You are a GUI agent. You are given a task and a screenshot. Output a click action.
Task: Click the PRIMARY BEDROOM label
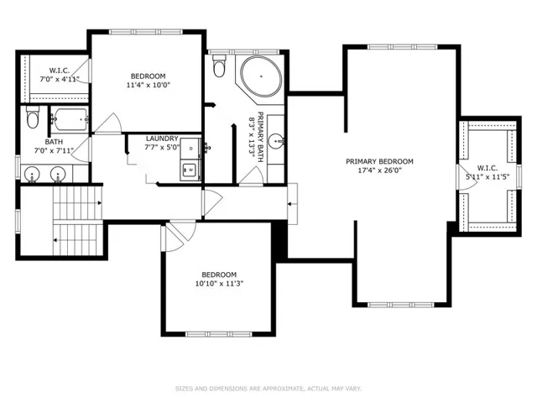[379, 161]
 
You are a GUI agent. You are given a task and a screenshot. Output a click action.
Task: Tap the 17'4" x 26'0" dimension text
[379, 170]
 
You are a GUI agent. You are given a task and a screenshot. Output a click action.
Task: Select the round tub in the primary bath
[261, 76]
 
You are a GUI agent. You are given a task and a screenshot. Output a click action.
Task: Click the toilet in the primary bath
[218, 65]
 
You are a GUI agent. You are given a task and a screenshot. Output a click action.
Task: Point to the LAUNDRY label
[162, 139]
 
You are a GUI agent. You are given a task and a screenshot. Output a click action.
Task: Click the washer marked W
[190, 170]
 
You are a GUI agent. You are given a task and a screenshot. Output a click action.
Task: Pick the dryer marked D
[190, 148]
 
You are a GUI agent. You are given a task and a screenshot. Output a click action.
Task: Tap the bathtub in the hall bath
[70, 119]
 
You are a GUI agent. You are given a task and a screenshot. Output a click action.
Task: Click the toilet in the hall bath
[33, 117]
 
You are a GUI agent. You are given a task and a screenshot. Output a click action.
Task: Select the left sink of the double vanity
[32, 174]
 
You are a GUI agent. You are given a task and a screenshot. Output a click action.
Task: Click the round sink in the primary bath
[276, 141]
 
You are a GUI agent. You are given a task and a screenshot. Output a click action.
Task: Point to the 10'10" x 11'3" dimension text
[219, 284]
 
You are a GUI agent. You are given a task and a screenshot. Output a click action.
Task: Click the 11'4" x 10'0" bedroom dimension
[149, 85]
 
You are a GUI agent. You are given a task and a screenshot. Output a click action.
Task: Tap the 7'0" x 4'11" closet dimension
[60, 80]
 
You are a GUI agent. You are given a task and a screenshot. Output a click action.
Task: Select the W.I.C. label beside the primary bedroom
[487, 168]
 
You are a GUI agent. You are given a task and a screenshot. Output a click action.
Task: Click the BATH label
[54, 142]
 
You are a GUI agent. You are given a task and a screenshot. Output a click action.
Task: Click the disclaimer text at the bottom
[268, 389]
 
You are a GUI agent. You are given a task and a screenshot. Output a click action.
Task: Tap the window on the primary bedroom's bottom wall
[401, 305]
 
